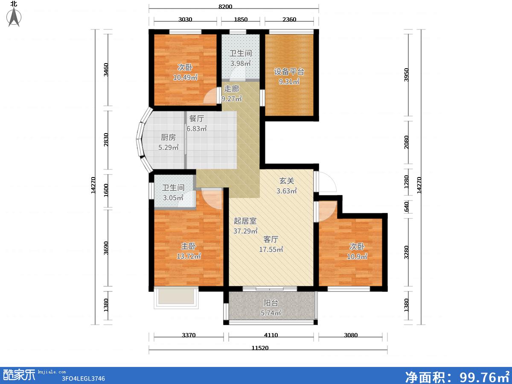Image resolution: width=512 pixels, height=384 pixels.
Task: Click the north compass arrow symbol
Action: click(14, 17)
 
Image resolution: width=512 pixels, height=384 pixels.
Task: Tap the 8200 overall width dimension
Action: click(225, 6)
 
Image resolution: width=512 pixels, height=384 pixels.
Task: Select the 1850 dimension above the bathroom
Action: click(241, 19)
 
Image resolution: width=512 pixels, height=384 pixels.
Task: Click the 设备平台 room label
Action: click(289, 72)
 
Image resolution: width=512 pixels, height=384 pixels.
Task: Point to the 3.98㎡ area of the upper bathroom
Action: click(241, 63)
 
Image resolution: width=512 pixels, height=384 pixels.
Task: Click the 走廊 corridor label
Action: click(232, 89)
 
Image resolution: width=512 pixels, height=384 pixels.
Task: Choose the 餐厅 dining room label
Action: click(197, 119)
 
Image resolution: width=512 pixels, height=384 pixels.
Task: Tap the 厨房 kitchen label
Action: click(168, 137)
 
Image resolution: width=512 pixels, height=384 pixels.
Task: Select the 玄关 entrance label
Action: click(287, 180)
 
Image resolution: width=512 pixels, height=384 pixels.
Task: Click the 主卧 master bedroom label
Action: click(189, 246)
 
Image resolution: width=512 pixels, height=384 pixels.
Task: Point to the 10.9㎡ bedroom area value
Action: click(357, 256)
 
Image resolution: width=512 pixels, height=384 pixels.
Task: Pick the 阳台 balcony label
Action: click(271, 303)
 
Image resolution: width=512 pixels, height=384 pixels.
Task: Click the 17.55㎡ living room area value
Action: click(271, 249)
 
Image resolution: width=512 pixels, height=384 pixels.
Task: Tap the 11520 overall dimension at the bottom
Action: click(260, 348)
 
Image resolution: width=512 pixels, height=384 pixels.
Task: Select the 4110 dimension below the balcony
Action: click(271, 335)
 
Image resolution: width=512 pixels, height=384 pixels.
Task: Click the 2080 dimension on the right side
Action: click(406, 142)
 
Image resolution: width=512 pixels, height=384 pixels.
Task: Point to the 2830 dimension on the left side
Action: click(106, 140)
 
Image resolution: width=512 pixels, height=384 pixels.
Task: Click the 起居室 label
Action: click(245, 221)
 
